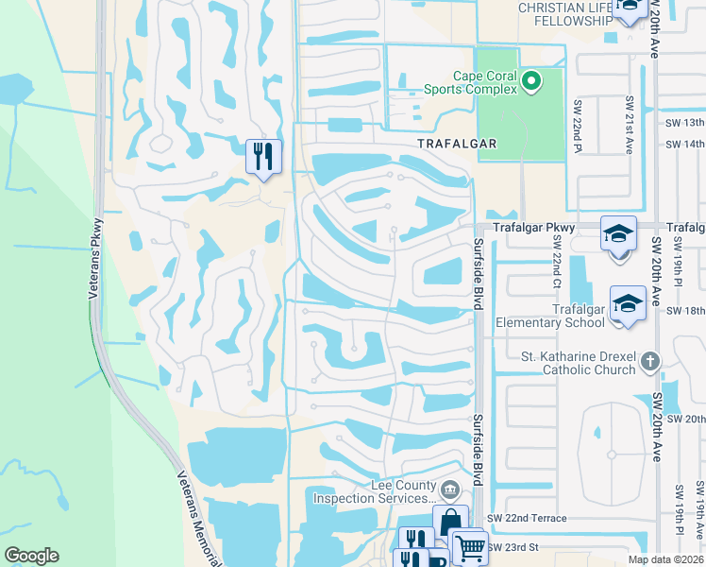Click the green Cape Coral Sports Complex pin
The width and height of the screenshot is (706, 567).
[x=530, y=82]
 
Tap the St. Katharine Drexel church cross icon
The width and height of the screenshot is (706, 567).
[x=648, y=361]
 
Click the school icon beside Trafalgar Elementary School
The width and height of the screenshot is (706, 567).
[x=627, y=304]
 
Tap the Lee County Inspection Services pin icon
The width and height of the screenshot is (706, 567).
[x=450, y=489]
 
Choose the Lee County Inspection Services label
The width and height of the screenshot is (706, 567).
[x=375, y=491]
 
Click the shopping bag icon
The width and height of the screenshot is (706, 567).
[x=450, y=522]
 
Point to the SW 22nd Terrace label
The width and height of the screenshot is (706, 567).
[x=527, y=519]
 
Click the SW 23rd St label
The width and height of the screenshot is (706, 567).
[x=513, y=547]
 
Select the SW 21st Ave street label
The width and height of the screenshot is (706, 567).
[x=629, y=125]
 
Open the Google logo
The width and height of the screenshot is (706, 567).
[x=31, y=556]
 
